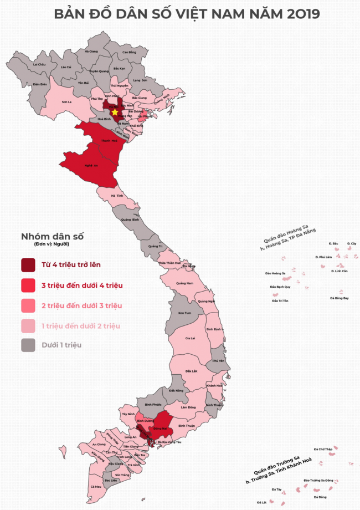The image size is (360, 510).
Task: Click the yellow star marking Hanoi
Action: tap(115, 112)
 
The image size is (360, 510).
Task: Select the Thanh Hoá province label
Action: tap(109, 141)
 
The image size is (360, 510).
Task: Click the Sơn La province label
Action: tap(67, 102)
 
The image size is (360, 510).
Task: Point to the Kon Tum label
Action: tap(184, 313)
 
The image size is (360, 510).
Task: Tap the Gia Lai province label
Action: tap(190, 338)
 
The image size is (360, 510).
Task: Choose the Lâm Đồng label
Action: tap(188, 407)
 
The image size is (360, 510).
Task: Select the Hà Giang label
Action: tap(91, 51)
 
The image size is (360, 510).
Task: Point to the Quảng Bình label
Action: tap(126, 220)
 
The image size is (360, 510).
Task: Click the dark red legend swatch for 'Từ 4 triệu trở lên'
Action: tap(28, 265)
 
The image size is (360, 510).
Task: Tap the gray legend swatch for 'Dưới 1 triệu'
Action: tap(28, 345)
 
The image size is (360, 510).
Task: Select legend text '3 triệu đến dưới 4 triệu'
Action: tap(82, 285)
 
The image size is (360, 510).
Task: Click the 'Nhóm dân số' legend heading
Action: tap(52, 236)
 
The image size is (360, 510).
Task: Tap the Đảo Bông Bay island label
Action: tap(339, 298)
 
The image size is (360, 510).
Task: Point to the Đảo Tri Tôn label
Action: tap(280, 300)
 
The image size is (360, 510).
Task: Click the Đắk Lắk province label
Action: tap(192, 371)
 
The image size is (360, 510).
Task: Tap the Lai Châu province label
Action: tap(39, 64)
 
